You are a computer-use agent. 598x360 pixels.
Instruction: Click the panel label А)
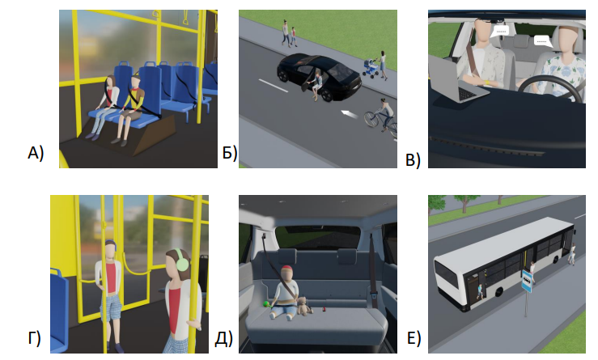36,153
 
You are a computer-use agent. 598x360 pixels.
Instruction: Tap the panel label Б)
230,153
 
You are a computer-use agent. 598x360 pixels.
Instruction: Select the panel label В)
413,160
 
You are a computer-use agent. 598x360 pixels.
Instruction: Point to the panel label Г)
34,338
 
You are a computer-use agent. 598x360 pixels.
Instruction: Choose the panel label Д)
224,338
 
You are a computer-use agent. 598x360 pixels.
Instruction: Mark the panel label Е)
414,338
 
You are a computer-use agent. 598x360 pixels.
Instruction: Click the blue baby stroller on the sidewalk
371,69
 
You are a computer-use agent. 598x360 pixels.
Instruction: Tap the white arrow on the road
350,113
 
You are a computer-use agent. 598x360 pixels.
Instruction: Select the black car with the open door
319,78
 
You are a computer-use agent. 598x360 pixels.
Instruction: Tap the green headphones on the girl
180,260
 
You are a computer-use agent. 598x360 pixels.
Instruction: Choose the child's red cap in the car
287,269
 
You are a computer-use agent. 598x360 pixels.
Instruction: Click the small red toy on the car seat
324,308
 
